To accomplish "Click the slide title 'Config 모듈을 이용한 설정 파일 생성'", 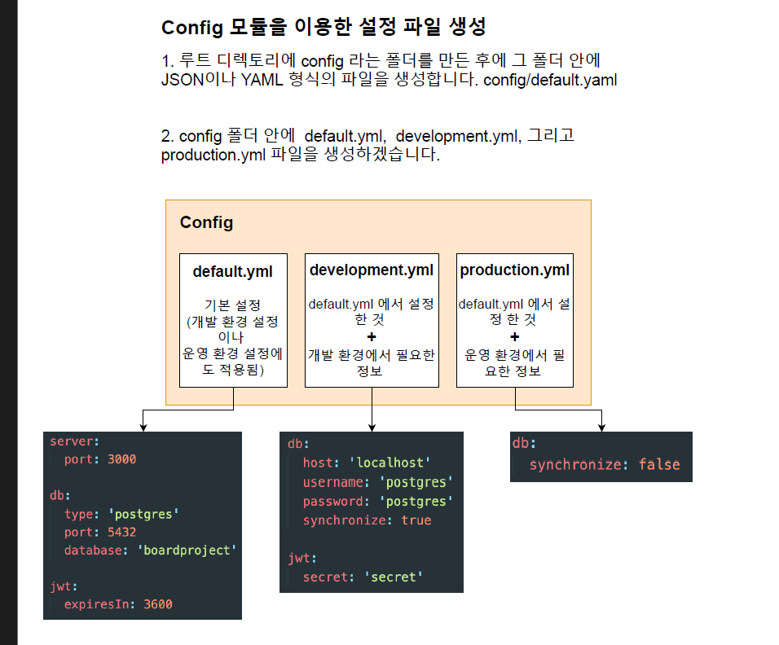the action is (323, 27).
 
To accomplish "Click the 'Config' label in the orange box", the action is (206, 222).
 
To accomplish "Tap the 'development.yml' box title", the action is (372, 270).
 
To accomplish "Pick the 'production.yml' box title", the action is (515, 270).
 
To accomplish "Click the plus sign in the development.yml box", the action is (372, 337).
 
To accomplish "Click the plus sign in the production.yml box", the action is (515, 337).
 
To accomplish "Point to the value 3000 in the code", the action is (121, 459).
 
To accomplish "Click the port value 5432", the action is (121, 532).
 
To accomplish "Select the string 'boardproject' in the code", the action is (189, 551).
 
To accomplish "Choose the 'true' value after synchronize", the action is (416, 520).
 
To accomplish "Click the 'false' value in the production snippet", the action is (658, 464).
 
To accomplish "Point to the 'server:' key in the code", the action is (74, 441).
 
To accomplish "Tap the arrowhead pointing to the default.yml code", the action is (143, 427).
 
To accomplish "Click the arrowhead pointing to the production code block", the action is (601, 427).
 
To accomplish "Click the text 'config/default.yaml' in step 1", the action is (550, 81).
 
